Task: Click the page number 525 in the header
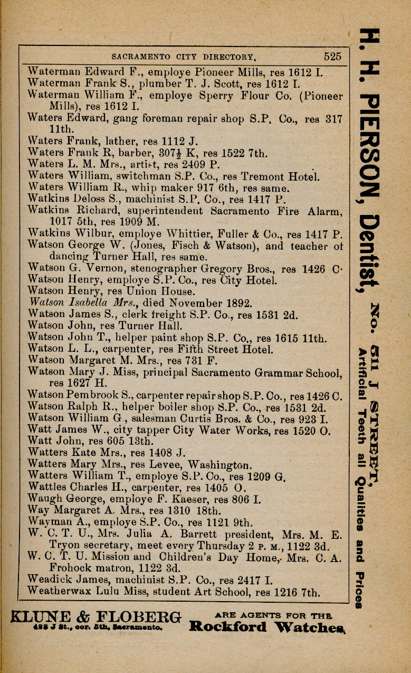(332, 56)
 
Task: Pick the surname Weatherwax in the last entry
(58, 592)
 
